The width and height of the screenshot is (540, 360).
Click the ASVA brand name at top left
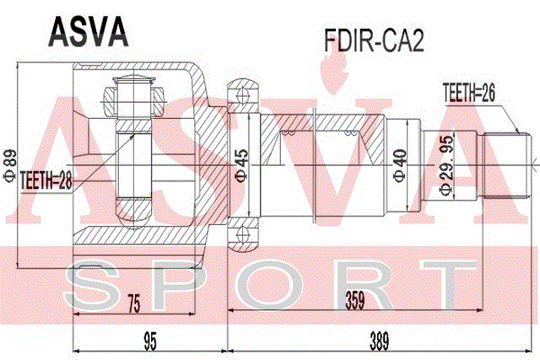point(89,32)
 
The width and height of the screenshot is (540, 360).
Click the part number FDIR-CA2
point(374,40)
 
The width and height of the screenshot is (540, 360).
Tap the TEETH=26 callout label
point(469,93)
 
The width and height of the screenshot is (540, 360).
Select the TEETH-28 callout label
point(46,180)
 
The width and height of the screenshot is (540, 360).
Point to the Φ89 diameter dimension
point(9,165)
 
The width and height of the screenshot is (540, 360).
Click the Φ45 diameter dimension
point(241,165)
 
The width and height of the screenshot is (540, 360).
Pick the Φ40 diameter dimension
point(400,165)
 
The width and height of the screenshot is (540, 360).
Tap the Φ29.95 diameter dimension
point(446,165)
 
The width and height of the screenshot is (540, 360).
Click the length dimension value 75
point(134,304)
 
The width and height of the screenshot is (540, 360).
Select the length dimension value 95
point(150,341)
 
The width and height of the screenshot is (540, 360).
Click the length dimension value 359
point(355,300)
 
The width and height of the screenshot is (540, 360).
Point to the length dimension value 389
point(379,341)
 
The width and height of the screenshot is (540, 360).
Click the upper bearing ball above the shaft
point(243,94)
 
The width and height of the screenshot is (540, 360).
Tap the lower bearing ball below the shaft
point(243,234)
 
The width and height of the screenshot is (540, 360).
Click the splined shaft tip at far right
point(505,165)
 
